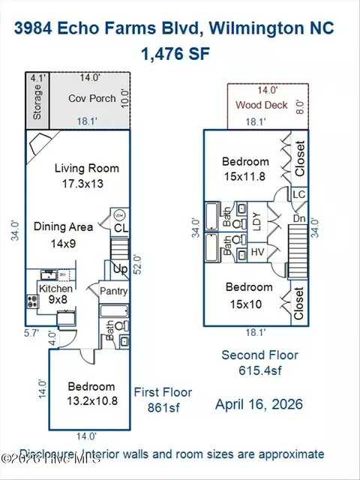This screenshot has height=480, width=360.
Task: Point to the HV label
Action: click(x=256, y=250)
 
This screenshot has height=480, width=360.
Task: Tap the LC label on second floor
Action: click(x=299, y=194)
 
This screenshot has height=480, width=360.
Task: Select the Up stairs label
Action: click(x=120, y=268)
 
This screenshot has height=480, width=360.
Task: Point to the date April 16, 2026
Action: click(x=259, y=404)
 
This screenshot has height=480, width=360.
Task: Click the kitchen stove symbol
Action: click(x=34, y=301)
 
